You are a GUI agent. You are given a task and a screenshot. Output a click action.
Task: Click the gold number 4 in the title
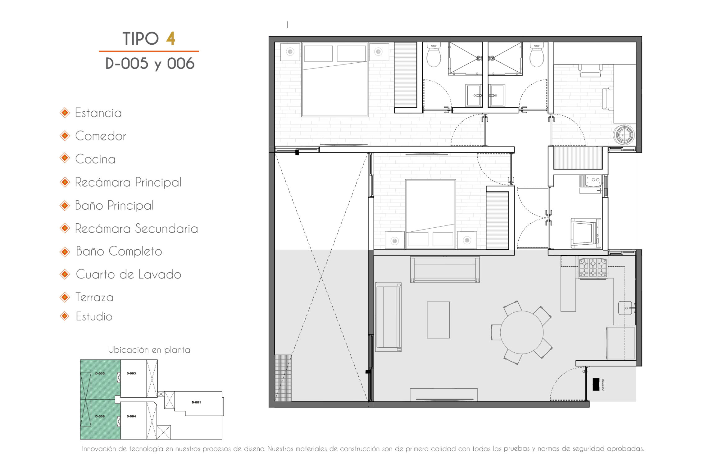pyautogui.click(x=170, y=38)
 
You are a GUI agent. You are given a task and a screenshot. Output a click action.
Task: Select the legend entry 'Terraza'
pyautogui.click(x=94, y=297)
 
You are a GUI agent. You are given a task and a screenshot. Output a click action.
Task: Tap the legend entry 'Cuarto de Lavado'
pyautogui.click(x=128, y=274)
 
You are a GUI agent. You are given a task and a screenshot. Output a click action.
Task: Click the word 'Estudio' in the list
pyautogui.click(x=94, y=316)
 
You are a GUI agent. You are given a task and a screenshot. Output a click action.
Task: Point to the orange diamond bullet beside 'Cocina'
pyautogui.click(x=65, y=158)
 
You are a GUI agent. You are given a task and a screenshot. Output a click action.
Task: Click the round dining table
pyautogui.click(x=522, y=332)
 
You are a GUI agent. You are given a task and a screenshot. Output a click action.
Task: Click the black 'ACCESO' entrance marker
pyautogui.click(x=596, y=384)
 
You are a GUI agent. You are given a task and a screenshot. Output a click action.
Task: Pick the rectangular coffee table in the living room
pyautogui.click(x=438, y=320)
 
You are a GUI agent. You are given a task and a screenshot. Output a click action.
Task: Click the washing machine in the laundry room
pyautogui.click(x=586, y=233)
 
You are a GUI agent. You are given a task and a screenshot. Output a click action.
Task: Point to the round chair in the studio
pyautogui.click(x=624, y=135)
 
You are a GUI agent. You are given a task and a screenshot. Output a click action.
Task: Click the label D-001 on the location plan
pyautogui.click(x=196, y=402)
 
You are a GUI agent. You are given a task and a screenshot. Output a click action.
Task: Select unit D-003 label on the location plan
pyautogui.click(x=131, y=373)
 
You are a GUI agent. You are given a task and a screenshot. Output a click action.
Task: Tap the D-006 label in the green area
pyautogui.click(x=100, y=416)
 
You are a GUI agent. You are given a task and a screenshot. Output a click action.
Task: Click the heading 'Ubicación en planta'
pyautogui.click(x=149, y=350)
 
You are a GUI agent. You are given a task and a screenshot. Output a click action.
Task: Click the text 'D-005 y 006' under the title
pyautogui.click(x=150, y=64)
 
